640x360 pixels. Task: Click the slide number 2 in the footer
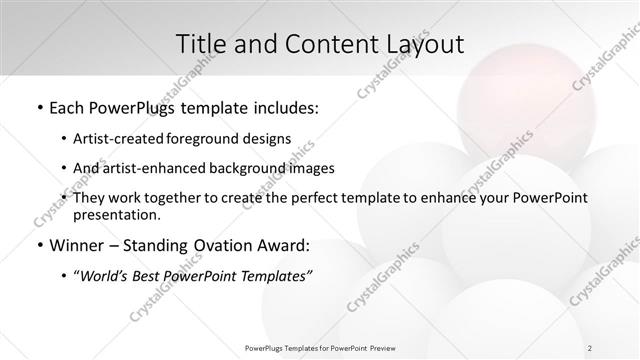pyautogui.click(x=590, y=347)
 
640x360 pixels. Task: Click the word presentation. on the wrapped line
pyautogui.click(x=116, y=214)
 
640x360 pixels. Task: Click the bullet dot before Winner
pyautogui.click(x=38, y=246)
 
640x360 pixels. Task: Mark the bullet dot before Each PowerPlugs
pyautogui.click(x=38, y=106)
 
